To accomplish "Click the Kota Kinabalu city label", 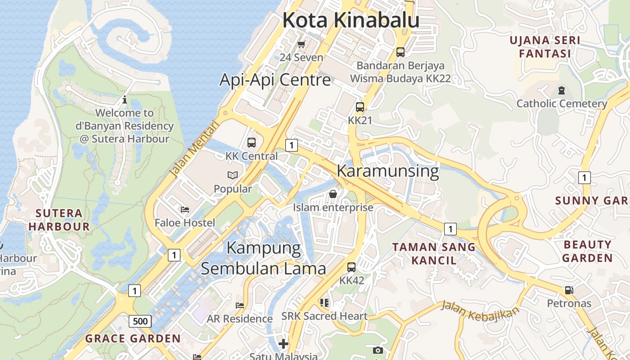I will pos(351,20).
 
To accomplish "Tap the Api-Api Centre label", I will pos(275,80).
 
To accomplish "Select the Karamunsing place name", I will pos(387,171).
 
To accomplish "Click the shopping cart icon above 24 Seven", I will pos(301,44).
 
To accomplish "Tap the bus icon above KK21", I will pos(360,107).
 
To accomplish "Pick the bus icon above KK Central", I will pos(252,143).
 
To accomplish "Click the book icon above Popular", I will pos(233,175).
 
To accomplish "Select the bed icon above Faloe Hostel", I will pos(185,209).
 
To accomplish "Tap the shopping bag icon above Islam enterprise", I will pos(333,194).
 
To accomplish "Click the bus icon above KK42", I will pos(351,267).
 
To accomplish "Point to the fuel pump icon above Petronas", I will pos(569,290).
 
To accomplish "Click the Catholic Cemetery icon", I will pos(561,90).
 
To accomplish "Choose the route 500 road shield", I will pos(140,321).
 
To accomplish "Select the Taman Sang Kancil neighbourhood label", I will pos(433,253).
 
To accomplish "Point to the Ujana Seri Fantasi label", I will pos(544,47).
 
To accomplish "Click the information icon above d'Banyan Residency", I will pos(125,99).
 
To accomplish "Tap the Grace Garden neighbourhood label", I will pos(133,338).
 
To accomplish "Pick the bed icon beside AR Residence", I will pos(240,305).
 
